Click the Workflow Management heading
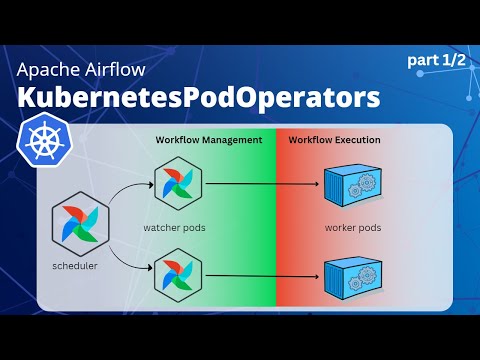209,139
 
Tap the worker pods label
352,228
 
